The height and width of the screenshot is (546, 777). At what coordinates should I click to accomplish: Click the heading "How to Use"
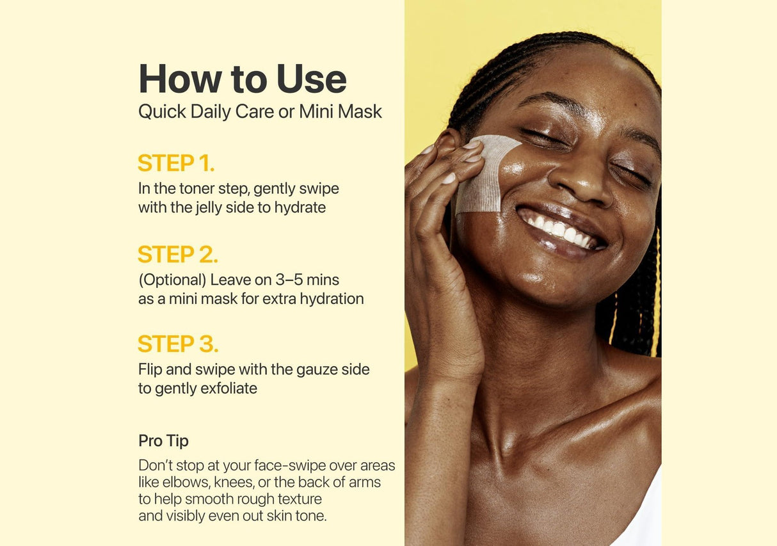243,79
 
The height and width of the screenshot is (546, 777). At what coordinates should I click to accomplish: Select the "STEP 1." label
176,163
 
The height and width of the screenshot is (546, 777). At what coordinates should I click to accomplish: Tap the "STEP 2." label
178,254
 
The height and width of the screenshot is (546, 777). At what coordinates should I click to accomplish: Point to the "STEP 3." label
179,344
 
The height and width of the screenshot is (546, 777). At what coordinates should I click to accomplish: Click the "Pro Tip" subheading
163,441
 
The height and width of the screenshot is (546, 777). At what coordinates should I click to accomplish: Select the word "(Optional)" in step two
173,280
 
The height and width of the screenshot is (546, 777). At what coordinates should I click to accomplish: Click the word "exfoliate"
229,388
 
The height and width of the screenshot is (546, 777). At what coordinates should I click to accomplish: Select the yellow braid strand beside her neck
655,291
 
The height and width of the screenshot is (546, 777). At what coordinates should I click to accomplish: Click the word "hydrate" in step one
300,208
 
